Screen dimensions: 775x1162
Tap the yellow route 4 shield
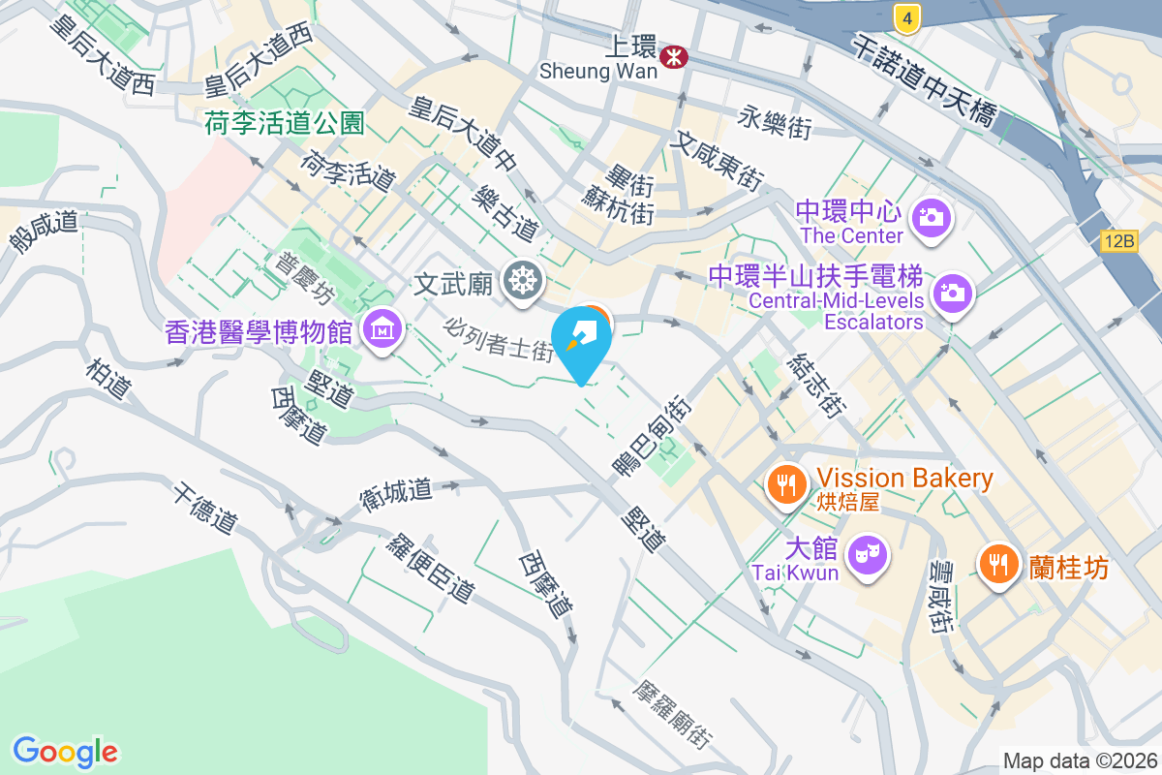[x=905, y=15]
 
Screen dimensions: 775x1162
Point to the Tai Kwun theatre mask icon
[x=865, y=556]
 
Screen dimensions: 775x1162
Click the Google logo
[x=65, y=751]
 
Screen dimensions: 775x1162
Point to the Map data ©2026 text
[x=1079, y=760]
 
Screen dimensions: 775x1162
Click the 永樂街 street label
[x=775, y=123]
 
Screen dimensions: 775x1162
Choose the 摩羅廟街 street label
[x=673, y=714]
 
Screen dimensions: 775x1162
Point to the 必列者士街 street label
[x=498, y=338]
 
